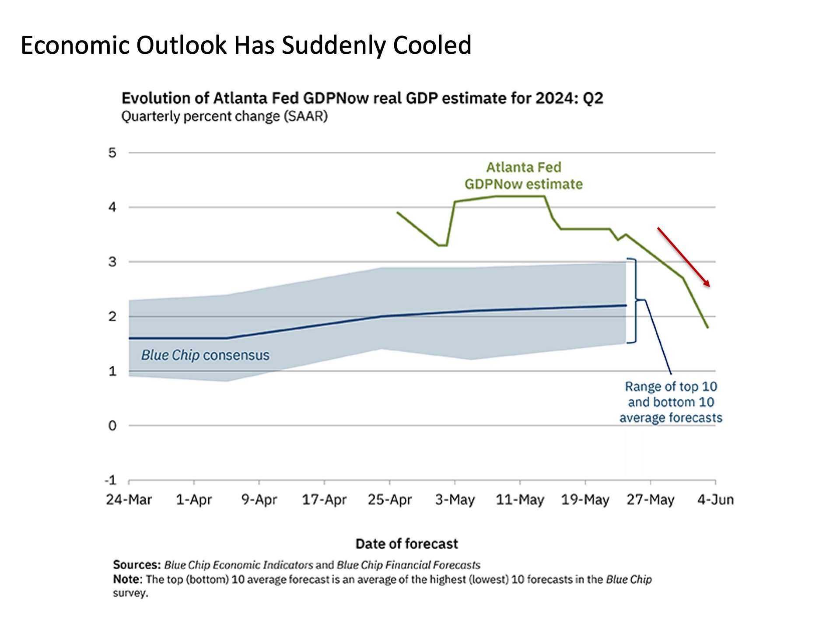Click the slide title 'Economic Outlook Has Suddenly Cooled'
246,45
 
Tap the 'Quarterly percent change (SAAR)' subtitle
224,116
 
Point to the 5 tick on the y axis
112,153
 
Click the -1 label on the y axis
111,480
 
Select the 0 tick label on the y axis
112,426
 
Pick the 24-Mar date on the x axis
129,500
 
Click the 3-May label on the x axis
455,500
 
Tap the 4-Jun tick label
715,500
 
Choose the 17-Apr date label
324,500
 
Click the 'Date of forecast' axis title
406,544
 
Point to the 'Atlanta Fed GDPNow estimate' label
523,176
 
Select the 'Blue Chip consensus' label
205,355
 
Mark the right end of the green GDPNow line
708,327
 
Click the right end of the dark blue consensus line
626,305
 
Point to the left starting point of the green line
397,213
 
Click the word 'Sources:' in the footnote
136,565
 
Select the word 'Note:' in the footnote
128,579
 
